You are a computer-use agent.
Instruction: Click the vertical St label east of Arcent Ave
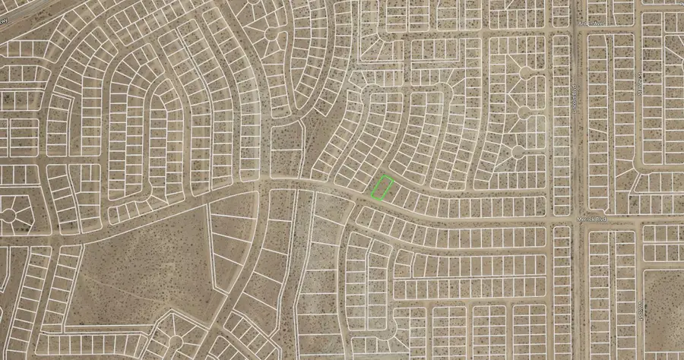[641, 84]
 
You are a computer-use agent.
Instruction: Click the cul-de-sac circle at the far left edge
[9, 216]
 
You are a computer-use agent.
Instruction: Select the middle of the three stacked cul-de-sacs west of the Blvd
[523, 112]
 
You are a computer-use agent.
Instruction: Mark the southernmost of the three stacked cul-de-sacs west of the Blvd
[518, 151]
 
